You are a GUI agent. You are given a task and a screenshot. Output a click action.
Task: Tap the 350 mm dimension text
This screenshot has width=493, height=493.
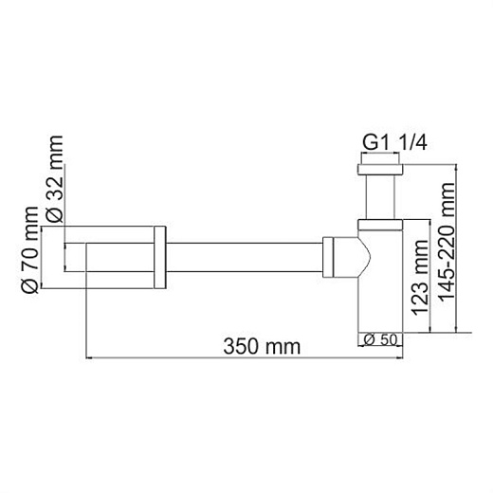(x=264, y=345)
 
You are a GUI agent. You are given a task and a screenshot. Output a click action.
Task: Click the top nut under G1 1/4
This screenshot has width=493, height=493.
(x=381, y=171)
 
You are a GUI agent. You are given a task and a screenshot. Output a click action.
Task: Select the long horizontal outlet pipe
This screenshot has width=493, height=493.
(x=245, y=257)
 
